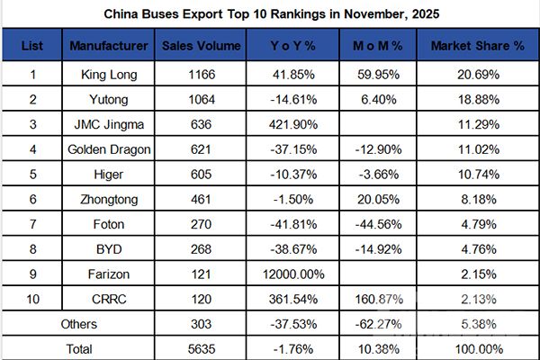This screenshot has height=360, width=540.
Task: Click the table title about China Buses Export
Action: [270, 14]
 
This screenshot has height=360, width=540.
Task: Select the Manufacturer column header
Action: [110, 45]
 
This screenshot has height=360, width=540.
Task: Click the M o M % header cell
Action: [372, 45]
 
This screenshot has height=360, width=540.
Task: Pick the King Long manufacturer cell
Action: [110, 71]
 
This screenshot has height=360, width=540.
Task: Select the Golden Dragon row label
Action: [110, 145]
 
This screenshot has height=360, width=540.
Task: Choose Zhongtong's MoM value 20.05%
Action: [372, 193]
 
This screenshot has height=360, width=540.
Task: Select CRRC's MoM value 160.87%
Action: [372, 292]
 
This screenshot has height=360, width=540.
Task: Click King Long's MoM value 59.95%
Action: [372, 71]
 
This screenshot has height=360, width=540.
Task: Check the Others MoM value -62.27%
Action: [372, 319]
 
